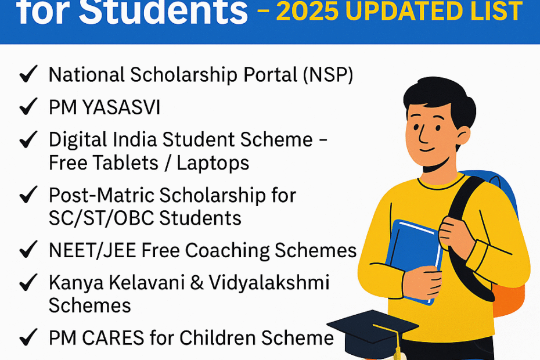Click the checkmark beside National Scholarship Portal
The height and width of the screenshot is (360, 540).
(x=28, y=74)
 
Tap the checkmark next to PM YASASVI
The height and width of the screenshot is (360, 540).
(x=28, y=106)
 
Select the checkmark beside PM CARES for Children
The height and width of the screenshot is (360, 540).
(x=28, y=337)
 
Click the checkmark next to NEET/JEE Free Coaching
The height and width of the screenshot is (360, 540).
(x=28, y=250)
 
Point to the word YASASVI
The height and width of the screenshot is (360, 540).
(x=121, y=107)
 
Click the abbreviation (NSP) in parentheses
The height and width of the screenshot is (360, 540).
(x=328, y=75)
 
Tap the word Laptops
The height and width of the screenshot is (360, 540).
(x=213, y=163)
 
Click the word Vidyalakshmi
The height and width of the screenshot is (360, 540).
(x=269, y=283)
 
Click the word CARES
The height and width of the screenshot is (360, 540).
(x=113, y=337)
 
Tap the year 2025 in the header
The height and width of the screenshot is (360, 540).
(x=308, y=12)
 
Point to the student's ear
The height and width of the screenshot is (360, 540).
(x=463, y=135)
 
